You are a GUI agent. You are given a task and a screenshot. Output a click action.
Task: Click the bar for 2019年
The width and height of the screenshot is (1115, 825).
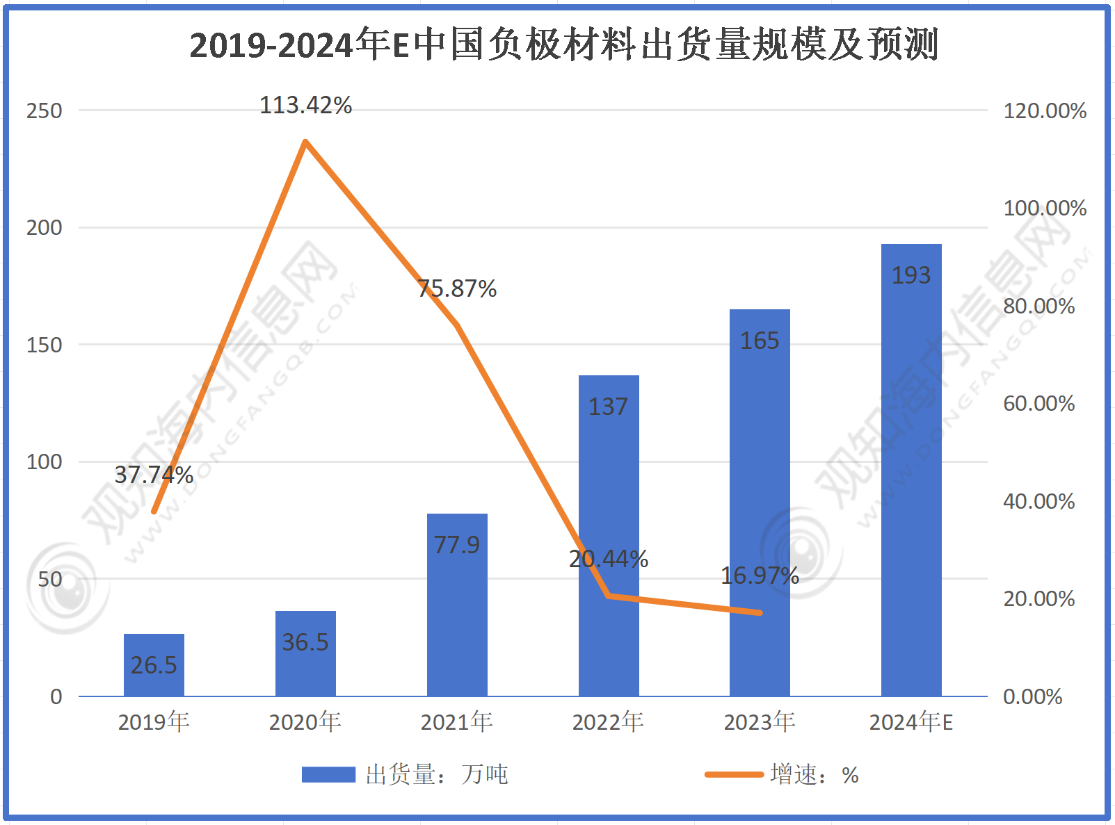click(154, 665)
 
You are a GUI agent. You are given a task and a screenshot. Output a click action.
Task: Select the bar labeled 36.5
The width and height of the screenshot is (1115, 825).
click(305, 653)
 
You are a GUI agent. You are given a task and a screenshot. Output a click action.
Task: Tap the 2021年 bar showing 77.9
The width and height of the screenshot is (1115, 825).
click(457, 605)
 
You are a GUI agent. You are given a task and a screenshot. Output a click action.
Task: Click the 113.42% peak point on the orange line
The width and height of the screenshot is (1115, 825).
click(305, 142)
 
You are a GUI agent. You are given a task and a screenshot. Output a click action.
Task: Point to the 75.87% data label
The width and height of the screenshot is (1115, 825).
click(457, 288)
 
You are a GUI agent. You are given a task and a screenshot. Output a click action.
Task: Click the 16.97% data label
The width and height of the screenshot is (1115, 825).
click(760, 575)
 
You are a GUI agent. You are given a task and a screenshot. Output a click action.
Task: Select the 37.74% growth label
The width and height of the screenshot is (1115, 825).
click(154, 475)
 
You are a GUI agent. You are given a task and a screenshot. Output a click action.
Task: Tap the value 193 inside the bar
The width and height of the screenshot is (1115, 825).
click(911, 275)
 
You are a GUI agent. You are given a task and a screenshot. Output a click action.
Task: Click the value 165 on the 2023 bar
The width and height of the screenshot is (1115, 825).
click(760, 341)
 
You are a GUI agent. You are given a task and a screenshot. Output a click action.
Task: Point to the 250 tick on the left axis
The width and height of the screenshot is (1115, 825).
click(44, 111)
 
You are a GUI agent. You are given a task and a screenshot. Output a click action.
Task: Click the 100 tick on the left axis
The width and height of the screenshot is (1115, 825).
click(44, 461)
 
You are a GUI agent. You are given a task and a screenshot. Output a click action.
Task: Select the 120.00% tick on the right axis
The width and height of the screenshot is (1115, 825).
click(1045, 111)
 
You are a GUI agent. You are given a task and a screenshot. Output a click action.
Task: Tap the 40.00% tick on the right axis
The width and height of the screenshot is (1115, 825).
click(1038, 501)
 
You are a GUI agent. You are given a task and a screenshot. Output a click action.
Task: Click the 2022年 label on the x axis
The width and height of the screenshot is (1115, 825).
click(608, 722)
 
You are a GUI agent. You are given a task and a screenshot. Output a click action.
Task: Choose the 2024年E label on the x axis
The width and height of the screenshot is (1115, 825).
click(911, 722)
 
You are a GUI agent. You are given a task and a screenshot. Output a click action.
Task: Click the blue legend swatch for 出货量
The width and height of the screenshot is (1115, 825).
click(328, 774)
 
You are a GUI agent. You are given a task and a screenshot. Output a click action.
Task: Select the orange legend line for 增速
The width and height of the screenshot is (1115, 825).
click(734, 774)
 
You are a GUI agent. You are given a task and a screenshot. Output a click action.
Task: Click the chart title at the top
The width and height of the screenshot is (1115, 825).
click(563, 45)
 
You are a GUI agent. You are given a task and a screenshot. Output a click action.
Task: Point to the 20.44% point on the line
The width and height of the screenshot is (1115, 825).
click(609, 596)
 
